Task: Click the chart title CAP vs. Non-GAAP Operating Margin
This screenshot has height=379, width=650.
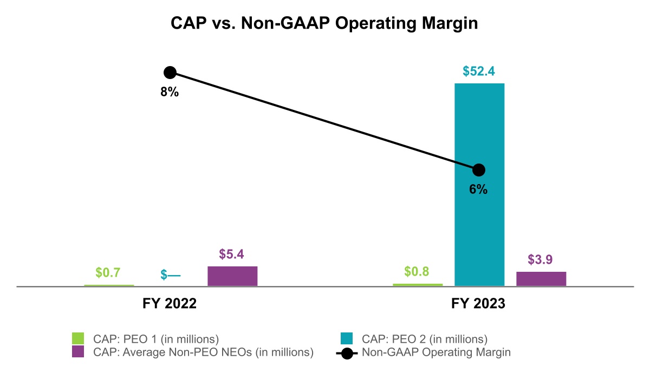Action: pyautogui.click(x=324, y=23)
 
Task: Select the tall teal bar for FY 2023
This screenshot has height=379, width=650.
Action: pyautogui.click(x=479, y=184)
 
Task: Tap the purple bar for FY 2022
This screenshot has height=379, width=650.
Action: pyautogui.click(x=232, y=276)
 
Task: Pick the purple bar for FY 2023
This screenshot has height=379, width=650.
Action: pyautogui.click(x=541, y=279)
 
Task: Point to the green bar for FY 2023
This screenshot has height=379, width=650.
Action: pyautogui.click(x=418, y=284)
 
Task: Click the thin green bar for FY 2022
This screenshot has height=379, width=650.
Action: pyautogui.click(x=109, y=285)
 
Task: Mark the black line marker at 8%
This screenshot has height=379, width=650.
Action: pyautogui.click(x=170, y=73)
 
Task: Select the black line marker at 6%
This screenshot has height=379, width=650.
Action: pyautogui.click(x=479, y=170)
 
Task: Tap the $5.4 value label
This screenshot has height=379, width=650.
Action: pyautogui.click(x=232, y=254)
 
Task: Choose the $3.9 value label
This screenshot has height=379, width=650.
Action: pyautogui.click(x=541, y=260)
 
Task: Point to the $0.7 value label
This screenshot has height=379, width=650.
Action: pyautogui.click(x=108, y=272)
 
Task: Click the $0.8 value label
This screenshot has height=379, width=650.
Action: pyautogui.click(x=418, y=271)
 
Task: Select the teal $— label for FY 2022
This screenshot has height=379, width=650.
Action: pyautogui.click(x=171, y=275)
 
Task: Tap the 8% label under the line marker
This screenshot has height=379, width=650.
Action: pyautogui.click(x=170, y=92)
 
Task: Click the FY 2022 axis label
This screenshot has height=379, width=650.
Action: pyautogui.click(x=170, y=304)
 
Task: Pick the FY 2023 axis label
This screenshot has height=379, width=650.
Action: pyautogui.click(x=478, y=304)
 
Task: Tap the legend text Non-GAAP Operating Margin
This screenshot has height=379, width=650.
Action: pyautogui.click(x=436, y=352)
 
